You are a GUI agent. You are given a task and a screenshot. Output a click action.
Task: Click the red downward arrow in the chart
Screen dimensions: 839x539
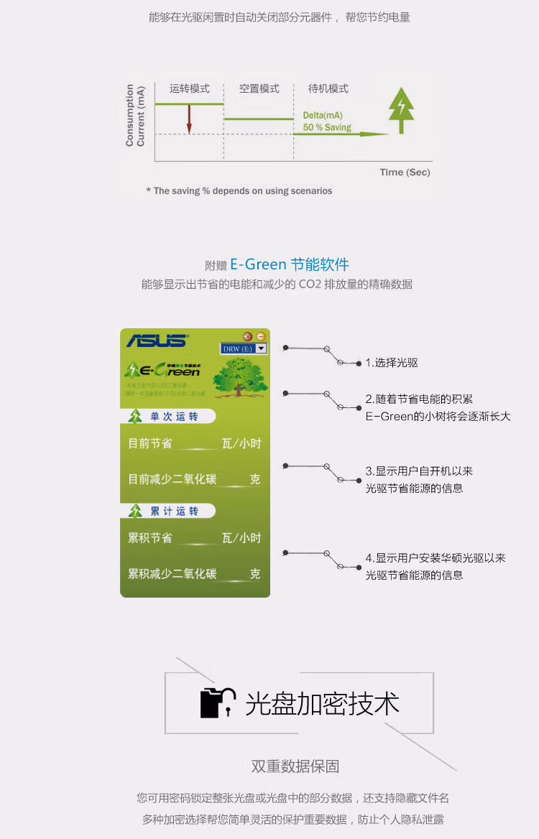(x=189, y=119)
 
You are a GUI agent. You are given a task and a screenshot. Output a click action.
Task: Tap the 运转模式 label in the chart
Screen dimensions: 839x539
(x=190, y=89)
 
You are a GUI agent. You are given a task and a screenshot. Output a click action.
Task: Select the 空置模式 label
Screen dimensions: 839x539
(x=259, y=89)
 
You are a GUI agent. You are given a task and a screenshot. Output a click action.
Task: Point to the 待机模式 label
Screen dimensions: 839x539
(x=328, y=89)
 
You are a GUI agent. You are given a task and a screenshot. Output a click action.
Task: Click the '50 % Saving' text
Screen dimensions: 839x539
(x=327, y=128)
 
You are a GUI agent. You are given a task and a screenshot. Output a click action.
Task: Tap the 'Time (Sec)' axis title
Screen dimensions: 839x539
(x=405, y=172)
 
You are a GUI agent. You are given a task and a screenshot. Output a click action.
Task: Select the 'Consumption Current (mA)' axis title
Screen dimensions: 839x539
(x=135, y=116)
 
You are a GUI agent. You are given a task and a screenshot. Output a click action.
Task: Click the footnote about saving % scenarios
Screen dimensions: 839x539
(x=239, y=191)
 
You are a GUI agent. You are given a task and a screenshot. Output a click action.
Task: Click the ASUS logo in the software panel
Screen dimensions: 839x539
(x=157, y=340)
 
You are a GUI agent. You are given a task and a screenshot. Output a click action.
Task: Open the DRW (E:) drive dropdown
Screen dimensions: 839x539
(x=261, y=348)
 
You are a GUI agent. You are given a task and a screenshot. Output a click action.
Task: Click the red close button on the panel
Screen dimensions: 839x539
(x=247, y=336)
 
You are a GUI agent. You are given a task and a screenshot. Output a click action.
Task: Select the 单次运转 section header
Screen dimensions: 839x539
(x=172, y=417)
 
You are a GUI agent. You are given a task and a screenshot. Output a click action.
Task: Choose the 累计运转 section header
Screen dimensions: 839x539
(x=172, y=511)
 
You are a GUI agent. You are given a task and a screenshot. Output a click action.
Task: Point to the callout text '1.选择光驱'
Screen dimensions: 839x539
(x=392, y=363)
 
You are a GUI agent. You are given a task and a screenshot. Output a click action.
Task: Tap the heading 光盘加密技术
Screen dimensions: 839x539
(x=322, y=703)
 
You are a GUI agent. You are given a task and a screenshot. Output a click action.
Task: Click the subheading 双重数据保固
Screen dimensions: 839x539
(x=295, y=766)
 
